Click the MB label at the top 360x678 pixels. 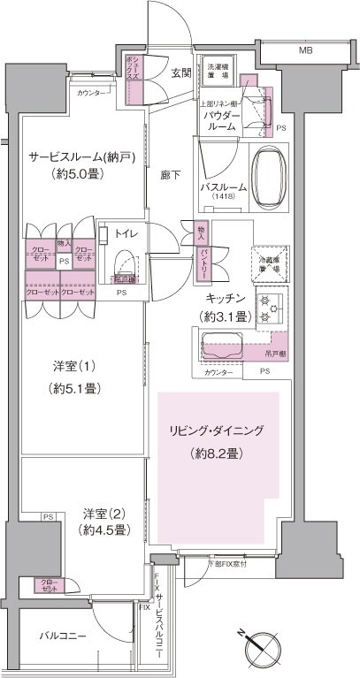point(305,51)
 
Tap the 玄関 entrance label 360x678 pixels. point(181,72)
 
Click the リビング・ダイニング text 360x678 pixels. point(218,430)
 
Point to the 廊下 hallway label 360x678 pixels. point(171,174)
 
